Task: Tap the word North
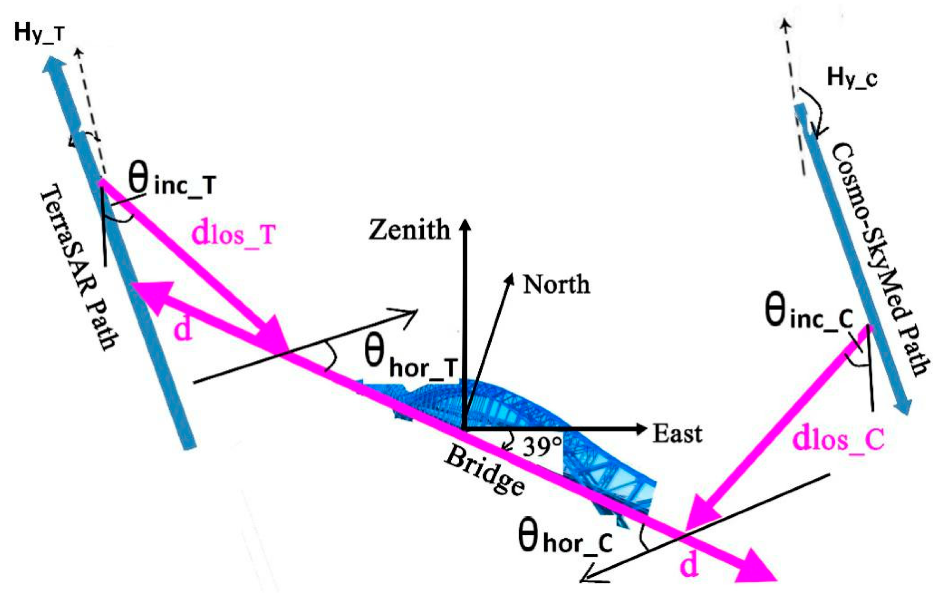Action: click(556, 285)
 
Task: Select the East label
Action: click(677, 433)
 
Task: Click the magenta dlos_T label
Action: click(233, 234)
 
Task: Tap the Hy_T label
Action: click(39, 32)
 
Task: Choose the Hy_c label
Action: click(852, 78)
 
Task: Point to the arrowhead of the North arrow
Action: click(510, 278)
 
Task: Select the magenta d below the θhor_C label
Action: click(689, 564)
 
